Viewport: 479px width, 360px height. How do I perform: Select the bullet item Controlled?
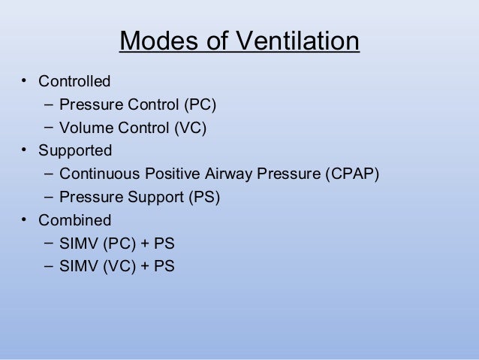74,81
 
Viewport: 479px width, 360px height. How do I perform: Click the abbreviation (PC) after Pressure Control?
209,104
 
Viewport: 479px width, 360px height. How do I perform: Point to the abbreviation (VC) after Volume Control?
190,128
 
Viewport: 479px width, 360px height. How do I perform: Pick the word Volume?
86,128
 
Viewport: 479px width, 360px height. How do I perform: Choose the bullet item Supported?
75,151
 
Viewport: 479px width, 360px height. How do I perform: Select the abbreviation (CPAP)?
353,174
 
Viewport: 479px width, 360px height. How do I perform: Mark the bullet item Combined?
74,221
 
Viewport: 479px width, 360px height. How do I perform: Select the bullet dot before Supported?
24,150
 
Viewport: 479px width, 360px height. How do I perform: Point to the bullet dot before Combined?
24,219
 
